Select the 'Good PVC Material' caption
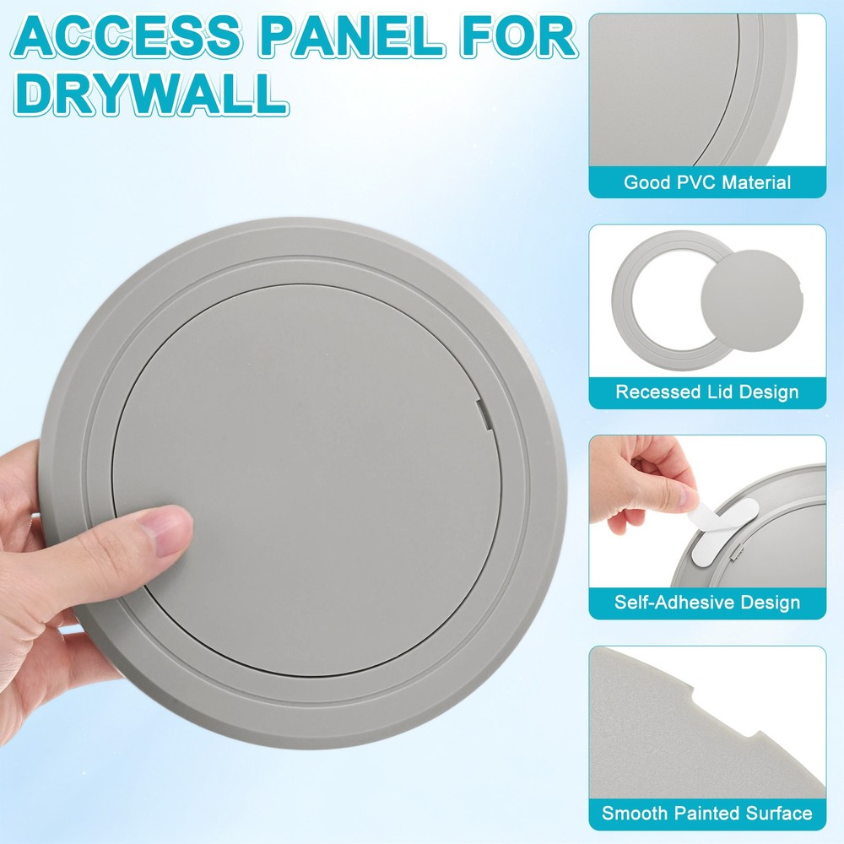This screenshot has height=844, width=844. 707,182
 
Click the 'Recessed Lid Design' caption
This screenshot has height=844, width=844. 707,392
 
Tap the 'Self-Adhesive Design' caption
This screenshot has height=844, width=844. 707,603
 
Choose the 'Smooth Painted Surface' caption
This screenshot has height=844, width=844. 707,814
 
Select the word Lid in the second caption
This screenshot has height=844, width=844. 714,392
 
